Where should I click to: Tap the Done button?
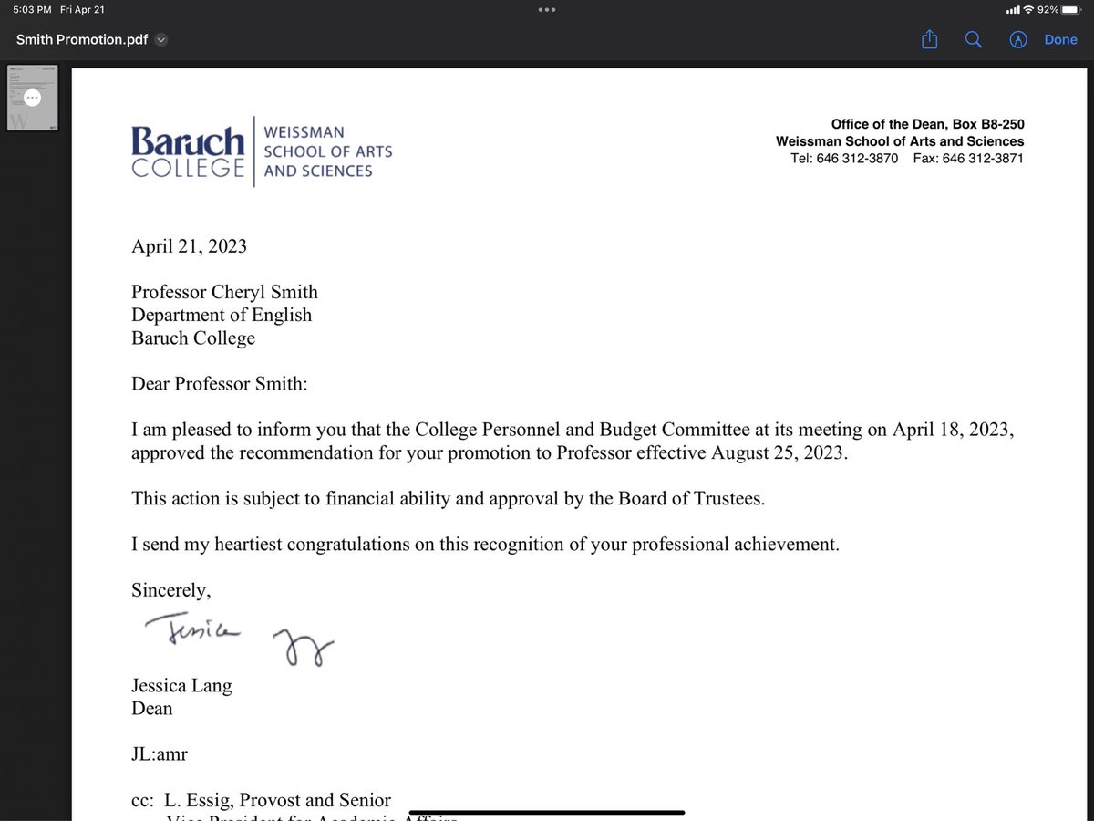click(x=1060, y=39)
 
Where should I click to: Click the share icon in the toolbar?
click(x=929, y=39)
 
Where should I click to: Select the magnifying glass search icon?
click(x=973, y=39)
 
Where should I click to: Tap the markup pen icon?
click(x=1018, y=39)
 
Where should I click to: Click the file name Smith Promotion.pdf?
click(x=82, y=39)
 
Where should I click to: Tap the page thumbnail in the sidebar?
click(x=32, y=98)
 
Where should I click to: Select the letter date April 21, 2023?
click(x=189, y=246)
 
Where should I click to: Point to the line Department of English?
click(x=222, y=316)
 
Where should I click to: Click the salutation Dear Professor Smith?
click(x=220, y=384)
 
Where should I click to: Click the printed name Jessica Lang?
click(x=181, y=686)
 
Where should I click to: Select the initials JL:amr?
click(x=160, y=754)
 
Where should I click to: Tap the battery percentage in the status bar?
click(x=1048, y=9)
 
